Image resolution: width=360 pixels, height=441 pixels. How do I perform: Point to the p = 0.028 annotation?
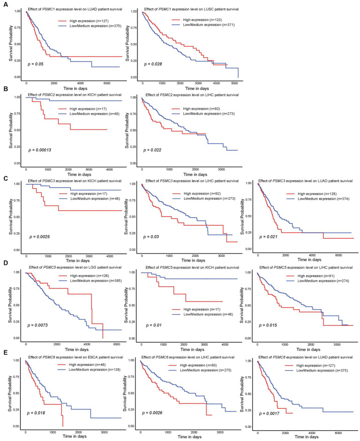tap(156, 63)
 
